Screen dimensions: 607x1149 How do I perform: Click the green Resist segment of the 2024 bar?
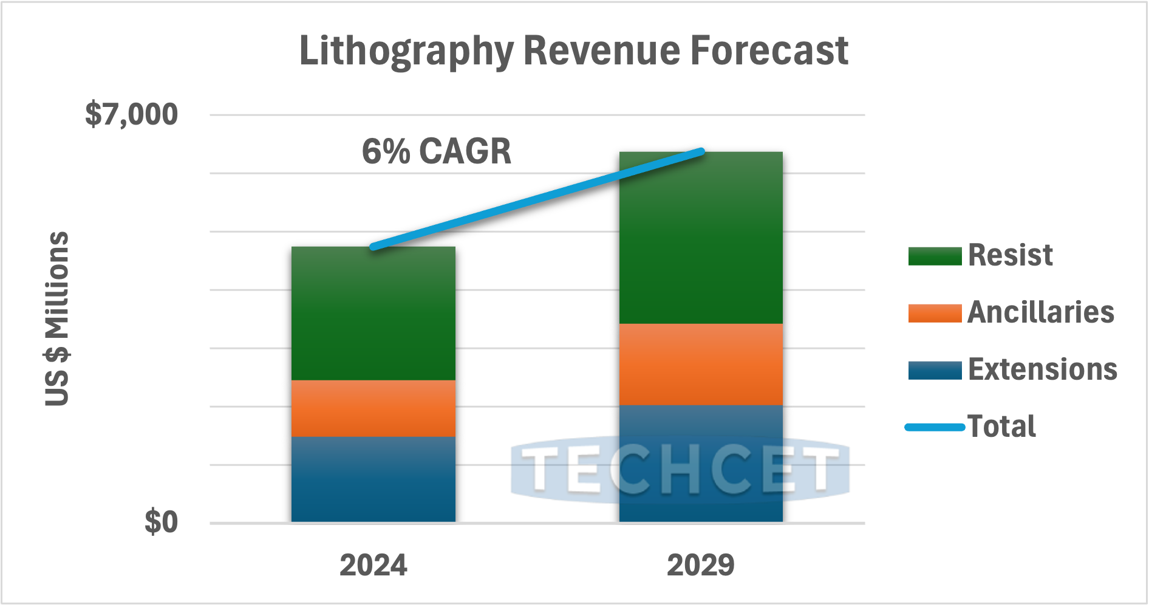tap(373, 313)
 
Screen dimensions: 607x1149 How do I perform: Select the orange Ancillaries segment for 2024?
tap(373, 408)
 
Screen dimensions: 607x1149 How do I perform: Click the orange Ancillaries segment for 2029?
tap(701, 364)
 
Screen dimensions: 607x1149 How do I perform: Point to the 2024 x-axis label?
tap(373, 565)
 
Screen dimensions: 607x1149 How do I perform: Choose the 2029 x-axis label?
tap(701, 565)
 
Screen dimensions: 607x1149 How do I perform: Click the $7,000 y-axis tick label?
tap(131, 114)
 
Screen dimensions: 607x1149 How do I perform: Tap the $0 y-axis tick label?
tap(161, 522)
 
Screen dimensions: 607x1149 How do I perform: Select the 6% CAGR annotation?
tap(436, 151)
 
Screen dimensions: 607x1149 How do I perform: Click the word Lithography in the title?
tap(406, 51)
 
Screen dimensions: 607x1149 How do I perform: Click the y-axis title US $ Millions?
tap(57, 318)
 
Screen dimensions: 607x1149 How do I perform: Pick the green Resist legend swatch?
tap(934, 256)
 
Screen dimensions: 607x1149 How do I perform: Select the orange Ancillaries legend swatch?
tap(934, 313)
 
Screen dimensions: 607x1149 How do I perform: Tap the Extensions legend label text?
tap(1042, 369)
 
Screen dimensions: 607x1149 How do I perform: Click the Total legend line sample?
tap(934, 427)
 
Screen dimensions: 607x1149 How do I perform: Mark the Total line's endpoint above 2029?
tap(701, 151)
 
